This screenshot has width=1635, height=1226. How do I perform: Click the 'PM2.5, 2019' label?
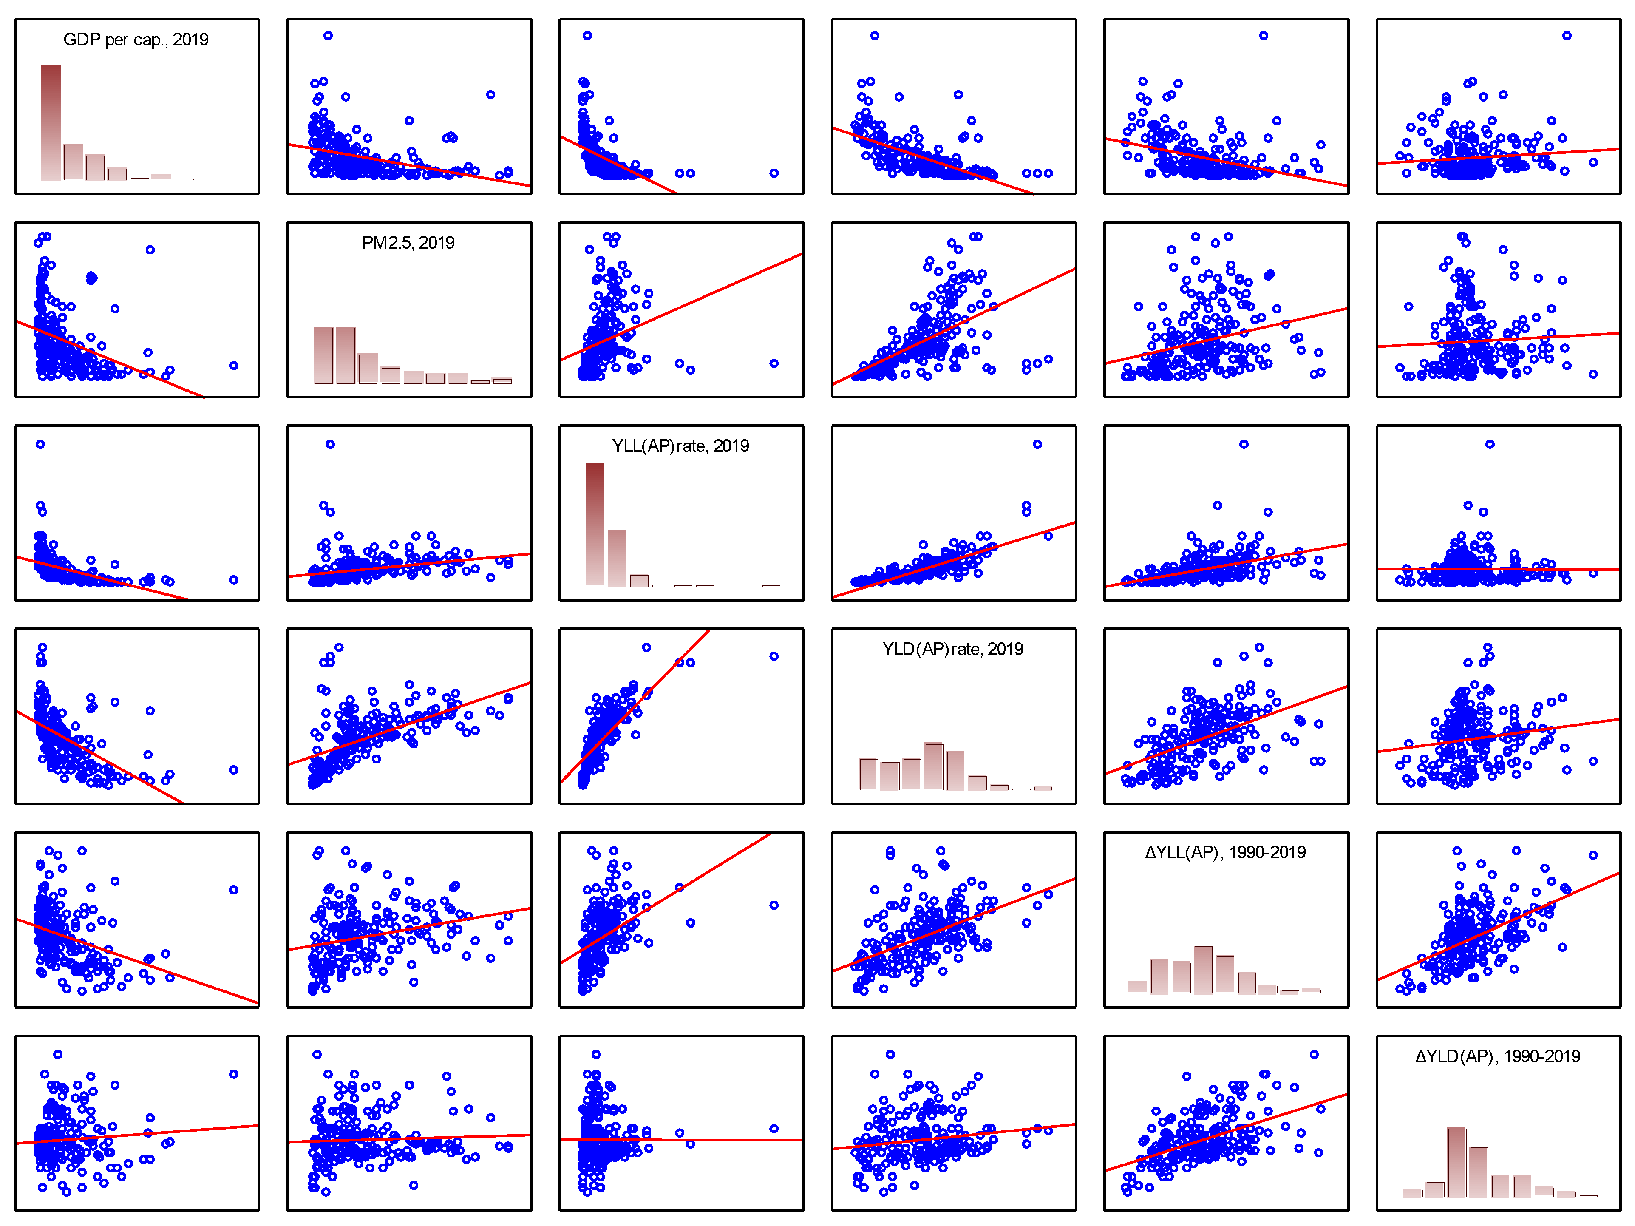[408, 243]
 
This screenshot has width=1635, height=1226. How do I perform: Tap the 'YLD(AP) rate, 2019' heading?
[953, 649]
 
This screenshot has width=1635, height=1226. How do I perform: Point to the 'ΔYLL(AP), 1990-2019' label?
[1225, 853]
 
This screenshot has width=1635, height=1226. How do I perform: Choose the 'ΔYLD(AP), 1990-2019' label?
[1498, 1056]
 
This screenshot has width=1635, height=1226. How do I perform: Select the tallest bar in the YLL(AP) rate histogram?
[595, 525]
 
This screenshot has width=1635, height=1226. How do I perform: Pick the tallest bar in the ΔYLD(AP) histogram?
[1457, 1162]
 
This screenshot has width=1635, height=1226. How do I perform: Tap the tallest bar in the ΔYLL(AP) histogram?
[1203, 969]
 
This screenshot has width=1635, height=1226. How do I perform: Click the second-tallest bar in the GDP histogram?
[73, 162]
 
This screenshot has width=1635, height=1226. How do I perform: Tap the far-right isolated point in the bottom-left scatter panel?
[234, 1074]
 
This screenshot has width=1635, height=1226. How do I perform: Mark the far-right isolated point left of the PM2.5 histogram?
[234, 365]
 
